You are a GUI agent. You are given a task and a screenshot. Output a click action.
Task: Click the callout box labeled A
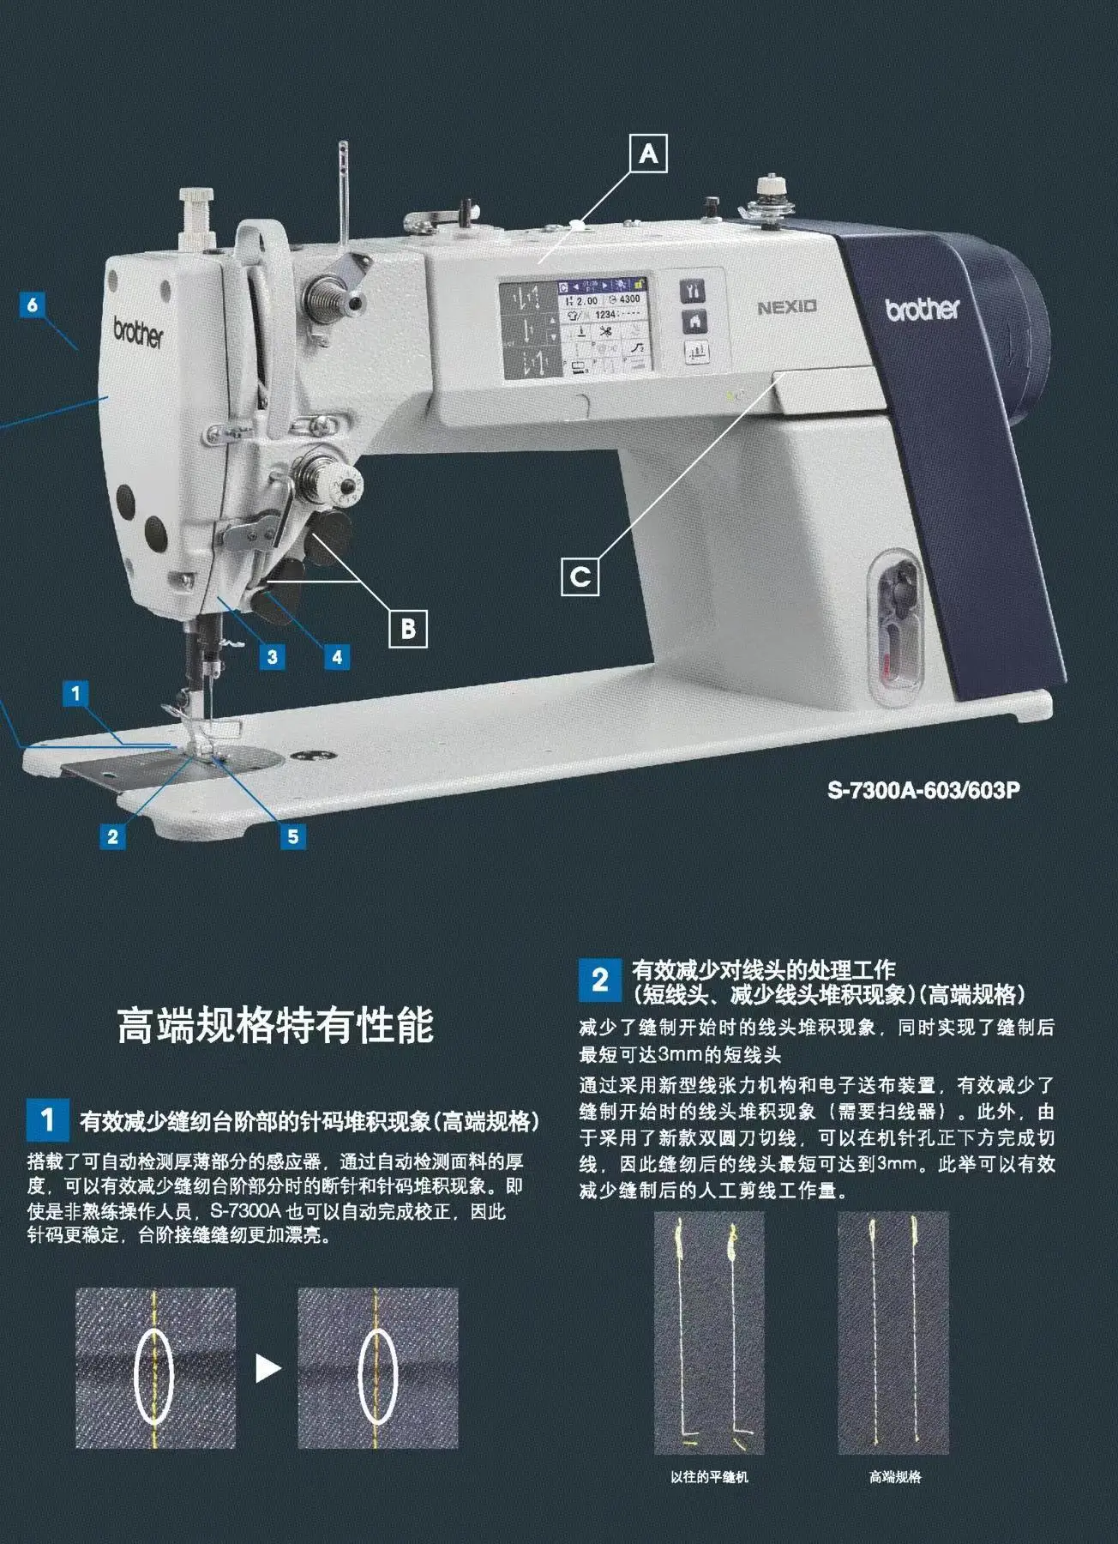(648, 154)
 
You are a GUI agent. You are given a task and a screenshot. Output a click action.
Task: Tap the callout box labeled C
(580, 576)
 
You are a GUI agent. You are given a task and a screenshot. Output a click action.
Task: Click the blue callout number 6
(33, 305)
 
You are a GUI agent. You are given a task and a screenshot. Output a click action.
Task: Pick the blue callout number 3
(272, 657)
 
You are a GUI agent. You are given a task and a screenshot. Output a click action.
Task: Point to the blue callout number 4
(336, 657)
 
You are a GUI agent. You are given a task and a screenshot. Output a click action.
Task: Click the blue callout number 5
(292, 836)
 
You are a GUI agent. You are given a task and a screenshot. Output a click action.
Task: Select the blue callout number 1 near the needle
(75, 693)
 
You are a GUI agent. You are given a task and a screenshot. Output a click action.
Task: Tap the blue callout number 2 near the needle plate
(112, 836)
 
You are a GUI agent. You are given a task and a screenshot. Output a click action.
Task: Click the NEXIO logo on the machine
(786, 307)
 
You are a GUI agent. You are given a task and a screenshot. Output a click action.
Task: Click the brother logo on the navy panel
(923, 308)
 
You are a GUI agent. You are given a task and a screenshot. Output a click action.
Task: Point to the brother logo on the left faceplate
(137, 332)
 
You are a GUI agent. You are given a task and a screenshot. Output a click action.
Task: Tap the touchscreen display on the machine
(575, 329)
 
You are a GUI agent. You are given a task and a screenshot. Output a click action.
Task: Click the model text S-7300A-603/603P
(923, 790)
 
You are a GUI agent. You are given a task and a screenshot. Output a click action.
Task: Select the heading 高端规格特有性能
(275, 1026)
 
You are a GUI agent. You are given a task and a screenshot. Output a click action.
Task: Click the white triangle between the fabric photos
(267, 1368)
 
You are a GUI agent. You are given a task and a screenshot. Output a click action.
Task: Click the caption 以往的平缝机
(709, 1477)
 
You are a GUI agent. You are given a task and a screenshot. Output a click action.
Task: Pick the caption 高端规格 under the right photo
(894, 1477)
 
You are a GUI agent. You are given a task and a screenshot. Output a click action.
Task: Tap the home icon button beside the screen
(694, 322)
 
